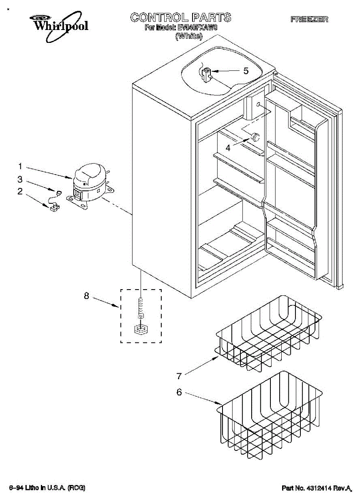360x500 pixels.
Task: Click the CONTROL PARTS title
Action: [x=180, y=17]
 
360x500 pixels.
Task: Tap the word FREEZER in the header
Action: [x=309, y=19]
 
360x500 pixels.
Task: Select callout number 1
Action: [x=20, y=167]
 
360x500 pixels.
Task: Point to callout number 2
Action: [x=20, y=192]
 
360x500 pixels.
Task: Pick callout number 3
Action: [x=20, y=180]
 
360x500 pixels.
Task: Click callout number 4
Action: [x=228, y=147]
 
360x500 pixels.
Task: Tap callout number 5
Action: [x=246, y=71]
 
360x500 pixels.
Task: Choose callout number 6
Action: [x=179, y=392]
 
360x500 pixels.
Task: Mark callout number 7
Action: [x=179, y=376]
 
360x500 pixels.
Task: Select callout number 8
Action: [x=87, y=296]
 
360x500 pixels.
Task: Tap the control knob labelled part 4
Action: [x=254, y=136]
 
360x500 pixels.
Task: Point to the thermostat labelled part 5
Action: [x=207, y=75]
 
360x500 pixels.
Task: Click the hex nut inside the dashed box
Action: [x=141, y=329]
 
